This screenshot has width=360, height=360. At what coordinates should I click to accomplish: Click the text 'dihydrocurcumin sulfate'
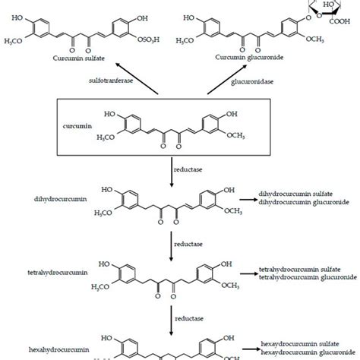click(298, 194)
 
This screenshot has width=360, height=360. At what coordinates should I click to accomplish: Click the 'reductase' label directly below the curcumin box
click(195, 165)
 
